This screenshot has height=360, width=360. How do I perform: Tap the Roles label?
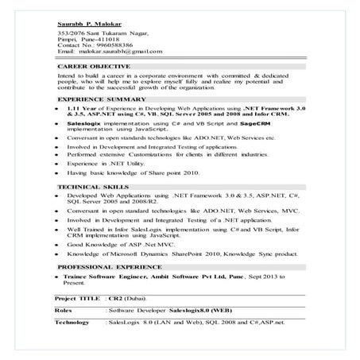[64, 310]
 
